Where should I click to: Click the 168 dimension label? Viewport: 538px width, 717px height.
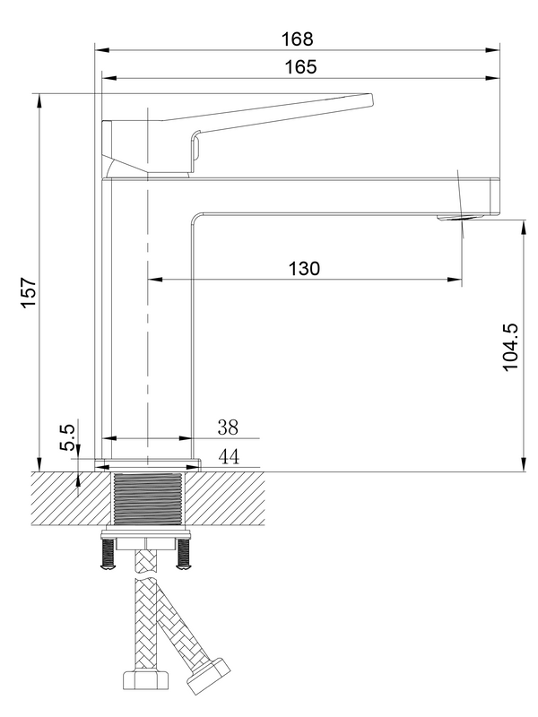point(297,39)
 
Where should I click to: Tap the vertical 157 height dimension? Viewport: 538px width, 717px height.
point(28,294)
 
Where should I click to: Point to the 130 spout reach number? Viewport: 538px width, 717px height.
point(305,268)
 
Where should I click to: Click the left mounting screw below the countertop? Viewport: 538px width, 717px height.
point(108,556)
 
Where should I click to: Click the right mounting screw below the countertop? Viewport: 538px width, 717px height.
point(186,556)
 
